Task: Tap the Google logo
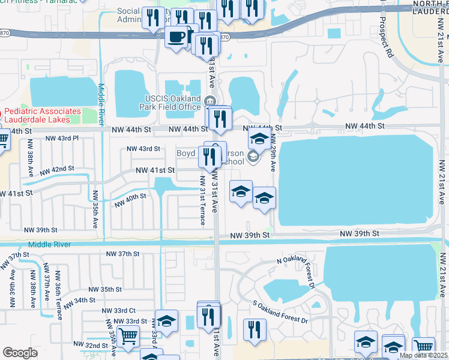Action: (x=20, y=353)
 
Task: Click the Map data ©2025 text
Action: (x=423, y=355)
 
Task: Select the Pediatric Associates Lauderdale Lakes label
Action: (x=43, y=115)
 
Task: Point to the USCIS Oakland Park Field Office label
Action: (x=172, y=103)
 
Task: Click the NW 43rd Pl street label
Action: (x=63, y=138)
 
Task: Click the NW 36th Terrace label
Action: (x=58, y=287)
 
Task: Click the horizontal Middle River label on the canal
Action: (x=49, y=244)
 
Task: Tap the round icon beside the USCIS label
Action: (x=209, y=100)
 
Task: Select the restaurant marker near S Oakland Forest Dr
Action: (x=255, y=329)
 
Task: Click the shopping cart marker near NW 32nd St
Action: (x=127, y=337)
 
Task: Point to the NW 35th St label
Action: (x=109, y=289)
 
